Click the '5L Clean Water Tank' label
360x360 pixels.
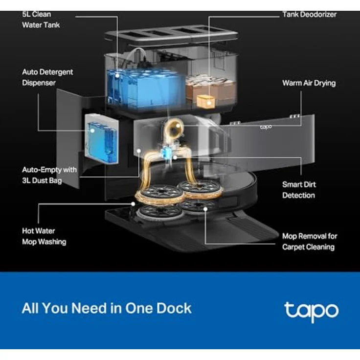click(x=41, y=20)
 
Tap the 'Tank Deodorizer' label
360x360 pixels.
click(x=309, y=15)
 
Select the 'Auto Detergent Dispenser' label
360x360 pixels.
click(x=47, y=77)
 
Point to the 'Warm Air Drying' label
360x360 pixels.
click(x=309, y=83)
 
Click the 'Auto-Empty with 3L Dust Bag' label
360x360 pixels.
click(x=49, y=175)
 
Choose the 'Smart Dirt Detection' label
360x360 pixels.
click(x=299, y=190)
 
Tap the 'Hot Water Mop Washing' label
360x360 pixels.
click(x=44, y=236)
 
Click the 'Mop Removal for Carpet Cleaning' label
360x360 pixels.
click(x=310, y=242)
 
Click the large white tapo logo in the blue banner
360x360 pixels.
click(x=311, y=312)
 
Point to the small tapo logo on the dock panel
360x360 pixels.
click(x=266, y=127)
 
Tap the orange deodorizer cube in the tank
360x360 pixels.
click(x=206, y=101)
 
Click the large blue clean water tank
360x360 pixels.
click(x=146, y=89)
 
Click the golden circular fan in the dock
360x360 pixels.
click(x=174, y=129)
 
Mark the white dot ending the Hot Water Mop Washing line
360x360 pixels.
click(x=133, y=204)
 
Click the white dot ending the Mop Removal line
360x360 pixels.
click(x=205, y=209)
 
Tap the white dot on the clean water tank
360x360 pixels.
click(x=117, y=75)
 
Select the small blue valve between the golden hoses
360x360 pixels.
click(x=165, y=152)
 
